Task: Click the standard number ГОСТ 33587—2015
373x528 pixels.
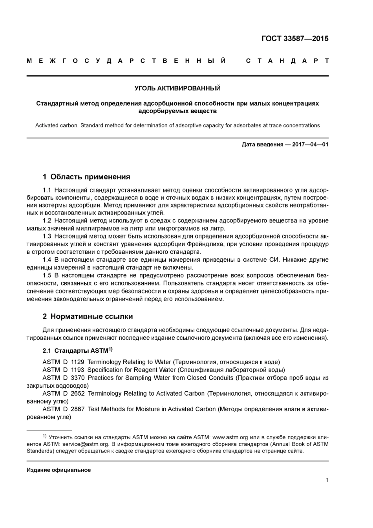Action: (x=294, y=38)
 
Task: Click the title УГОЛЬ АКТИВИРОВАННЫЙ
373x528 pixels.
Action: (x=177, y=88)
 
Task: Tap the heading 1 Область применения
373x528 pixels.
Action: (x=86, y=177)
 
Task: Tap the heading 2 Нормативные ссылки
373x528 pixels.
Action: (x=88, y=316)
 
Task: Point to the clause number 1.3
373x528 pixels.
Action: (x=47, y=236)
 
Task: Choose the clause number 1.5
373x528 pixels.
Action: (x=47, y=275)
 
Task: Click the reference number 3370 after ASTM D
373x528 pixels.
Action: (x=78, y=378)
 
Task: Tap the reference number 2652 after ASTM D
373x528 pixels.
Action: (x=78, y=393)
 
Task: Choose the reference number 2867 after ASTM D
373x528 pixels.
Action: (x=78, y=409)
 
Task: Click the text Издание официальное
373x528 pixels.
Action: (x=59, y=470)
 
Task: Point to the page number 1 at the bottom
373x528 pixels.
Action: (x=327, y=480)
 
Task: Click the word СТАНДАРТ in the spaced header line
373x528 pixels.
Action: (x=287, y=61)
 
